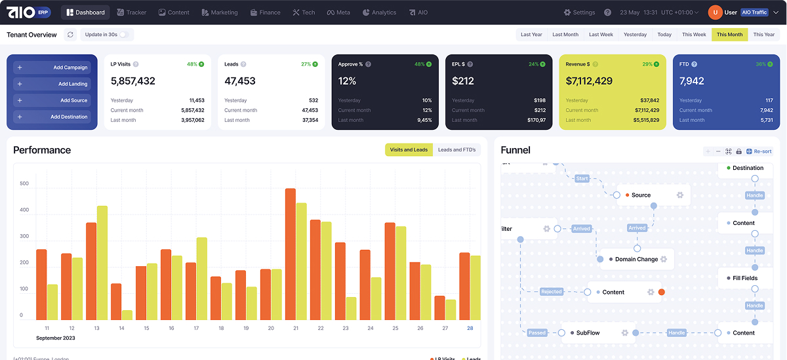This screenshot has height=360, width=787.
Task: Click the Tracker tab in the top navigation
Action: tap(132, 12)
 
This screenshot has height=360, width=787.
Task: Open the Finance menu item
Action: tap(266, 12)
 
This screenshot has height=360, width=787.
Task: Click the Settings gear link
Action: tap(580, 12)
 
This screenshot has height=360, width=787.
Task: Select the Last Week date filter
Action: tap(601, 35)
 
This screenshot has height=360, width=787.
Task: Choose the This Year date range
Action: tap(764, 35)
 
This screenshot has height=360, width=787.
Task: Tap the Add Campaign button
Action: tap(52, 68)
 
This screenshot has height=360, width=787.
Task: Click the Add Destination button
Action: tap(52, 117)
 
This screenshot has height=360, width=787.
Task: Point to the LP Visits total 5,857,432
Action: tap(133, 81)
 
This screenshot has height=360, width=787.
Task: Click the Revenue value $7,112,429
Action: tap(589, 81)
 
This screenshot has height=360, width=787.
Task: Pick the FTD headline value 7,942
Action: tap(692, 81)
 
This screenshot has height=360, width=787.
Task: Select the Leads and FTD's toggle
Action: tap(456, 150)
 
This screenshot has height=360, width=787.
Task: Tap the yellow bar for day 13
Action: tap(102, 262)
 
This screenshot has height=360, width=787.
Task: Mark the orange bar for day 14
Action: tap(116, 302)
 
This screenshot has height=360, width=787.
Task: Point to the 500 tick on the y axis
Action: tap(24, 184)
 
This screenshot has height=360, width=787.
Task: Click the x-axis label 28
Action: tap(470, 328)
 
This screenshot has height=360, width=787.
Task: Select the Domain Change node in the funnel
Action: tap(636, 260)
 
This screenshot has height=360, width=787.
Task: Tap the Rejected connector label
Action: tap(552, 292)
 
